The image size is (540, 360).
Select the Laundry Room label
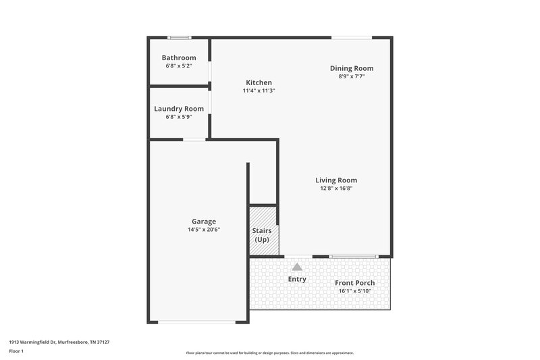[179, 109]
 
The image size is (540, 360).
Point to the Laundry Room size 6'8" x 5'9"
[179, 117]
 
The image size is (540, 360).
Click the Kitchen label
[259, 82]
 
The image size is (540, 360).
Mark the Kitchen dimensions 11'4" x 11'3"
[259, 91]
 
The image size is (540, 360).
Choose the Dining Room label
[351, 68]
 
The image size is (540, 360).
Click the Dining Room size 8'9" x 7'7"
[351, 76]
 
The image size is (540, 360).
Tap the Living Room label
[336, 180]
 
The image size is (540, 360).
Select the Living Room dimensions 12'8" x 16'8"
[336, 188]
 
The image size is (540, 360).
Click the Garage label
[204, 222]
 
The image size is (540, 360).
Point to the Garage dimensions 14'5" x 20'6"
[204, 230]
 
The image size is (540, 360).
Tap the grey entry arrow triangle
[297, 267]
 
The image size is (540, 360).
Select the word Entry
[297, 279]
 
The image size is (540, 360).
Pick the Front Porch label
[354, 283]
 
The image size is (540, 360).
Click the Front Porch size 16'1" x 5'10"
[354, 291]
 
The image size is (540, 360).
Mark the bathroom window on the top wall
[179, 37]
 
